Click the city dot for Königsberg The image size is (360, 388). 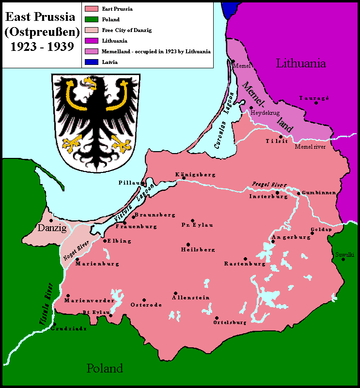[184, 178]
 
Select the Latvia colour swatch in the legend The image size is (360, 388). [91, 62]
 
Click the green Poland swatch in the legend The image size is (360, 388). [91, 19]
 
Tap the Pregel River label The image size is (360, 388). [269, 185]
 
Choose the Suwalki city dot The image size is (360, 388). [343, 259]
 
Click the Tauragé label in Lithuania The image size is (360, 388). [314, 98]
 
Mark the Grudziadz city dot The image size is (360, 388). [55, 324]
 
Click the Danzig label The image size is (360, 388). [52, 228]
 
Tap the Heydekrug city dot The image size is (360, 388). [251, 108]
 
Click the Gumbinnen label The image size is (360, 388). [319, 193]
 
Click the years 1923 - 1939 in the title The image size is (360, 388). [40, 47]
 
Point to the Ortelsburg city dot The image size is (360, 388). [216, 318]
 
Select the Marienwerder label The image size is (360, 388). [89, 300]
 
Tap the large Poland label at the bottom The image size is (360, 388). [105, 368]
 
